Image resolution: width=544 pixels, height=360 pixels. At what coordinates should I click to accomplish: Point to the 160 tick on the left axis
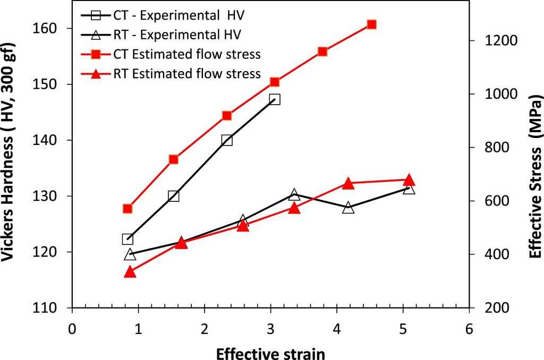(x=56, y=28)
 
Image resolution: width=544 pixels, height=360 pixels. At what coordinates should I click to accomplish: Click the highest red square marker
(x=371, y=24)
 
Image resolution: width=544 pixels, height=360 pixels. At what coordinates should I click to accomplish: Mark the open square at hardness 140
(x=227, y=140)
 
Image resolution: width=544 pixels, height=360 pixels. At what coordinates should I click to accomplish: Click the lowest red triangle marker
(x=130, y=272)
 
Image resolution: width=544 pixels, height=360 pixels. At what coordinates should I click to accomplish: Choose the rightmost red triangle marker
(x=409, y=179)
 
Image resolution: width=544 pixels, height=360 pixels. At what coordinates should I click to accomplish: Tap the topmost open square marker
(x=275, y=99)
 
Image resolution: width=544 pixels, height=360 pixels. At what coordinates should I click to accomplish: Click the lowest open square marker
(x=127, y=239)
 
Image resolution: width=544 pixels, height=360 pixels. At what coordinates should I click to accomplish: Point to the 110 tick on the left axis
(x=56, y=308)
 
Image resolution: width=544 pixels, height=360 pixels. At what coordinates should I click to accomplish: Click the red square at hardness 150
(x=275, y=82)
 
